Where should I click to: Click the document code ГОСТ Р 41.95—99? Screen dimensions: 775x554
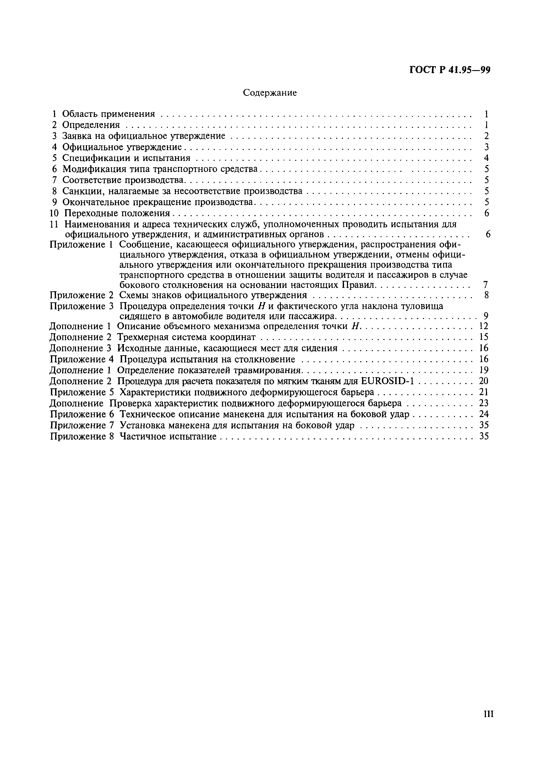[450, 70]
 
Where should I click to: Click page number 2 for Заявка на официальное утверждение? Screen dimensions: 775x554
[486, 136]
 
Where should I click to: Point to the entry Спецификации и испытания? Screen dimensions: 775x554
[126, 158]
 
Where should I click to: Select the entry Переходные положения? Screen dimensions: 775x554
[117, 213]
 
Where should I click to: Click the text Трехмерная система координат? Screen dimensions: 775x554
[186, 337]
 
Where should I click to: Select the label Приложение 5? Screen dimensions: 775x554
[81, 392]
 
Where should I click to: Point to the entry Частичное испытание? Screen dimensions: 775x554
[168, 436]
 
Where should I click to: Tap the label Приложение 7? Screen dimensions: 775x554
[81, 425]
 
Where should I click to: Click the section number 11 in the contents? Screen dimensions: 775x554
[55, 224]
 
